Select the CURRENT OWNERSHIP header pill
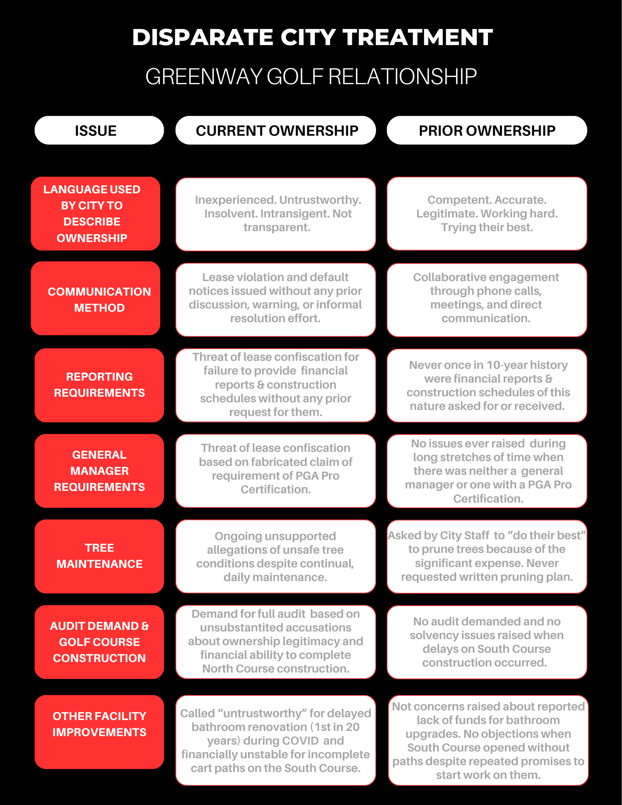coord(276,130)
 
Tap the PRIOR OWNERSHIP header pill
coord(487,130)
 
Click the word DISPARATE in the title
coord(203,37)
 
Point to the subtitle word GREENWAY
coord(203,77)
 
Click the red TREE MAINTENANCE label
coord(99,556)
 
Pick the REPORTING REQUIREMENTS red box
coord(99,385)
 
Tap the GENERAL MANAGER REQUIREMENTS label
coord(99,470)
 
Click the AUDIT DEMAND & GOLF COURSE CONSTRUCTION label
coord(99,642)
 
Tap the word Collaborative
coord(449,277)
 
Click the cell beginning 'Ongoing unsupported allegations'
coord(275,557)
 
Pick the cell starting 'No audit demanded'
coord(486,642)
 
